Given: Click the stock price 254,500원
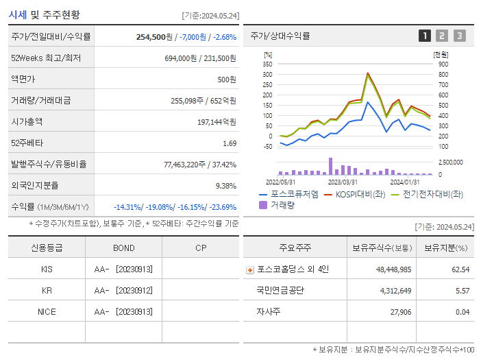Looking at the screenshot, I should pyautogui.click(x=156, y=37).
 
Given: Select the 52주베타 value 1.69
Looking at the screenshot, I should pyautogui.click(x=230, y=143).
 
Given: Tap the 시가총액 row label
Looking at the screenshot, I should pyautogui.click(x=27, y=121).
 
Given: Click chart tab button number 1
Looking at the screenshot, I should pyautogui.click(x=425, y=36).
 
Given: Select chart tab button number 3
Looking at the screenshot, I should pyautogui.click(x=459, y=36).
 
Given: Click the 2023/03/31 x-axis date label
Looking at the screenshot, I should pyautogui.click(x=343, y=182).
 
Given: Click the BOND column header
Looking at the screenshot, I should pyautogui.click(x=124, y=248).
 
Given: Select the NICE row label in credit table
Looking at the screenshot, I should pyautogui.click(x=47, y=311).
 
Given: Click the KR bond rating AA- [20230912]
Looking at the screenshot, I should pyautogui.click(x=124, y=290).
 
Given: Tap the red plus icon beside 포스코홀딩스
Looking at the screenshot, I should pyautogui.click(x=250, y=269).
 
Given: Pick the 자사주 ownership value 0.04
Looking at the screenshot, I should pyautogui.click(x=462, y=312).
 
